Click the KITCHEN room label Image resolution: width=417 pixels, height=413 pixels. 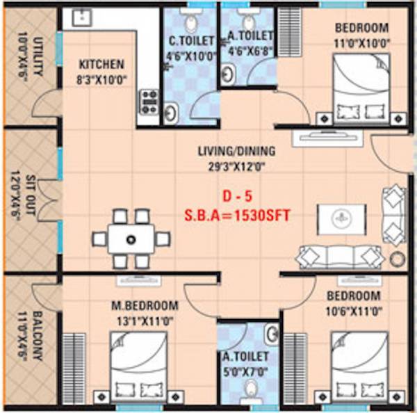101,65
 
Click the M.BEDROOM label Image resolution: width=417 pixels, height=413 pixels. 145,305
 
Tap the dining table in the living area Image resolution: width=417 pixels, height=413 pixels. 131,239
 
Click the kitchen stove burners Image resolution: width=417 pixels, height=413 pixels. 148,102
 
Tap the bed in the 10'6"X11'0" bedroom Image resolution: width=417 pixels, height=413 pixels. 359,366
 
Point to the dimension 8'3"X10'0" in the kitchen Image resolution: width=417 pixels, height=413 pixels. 101,79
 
